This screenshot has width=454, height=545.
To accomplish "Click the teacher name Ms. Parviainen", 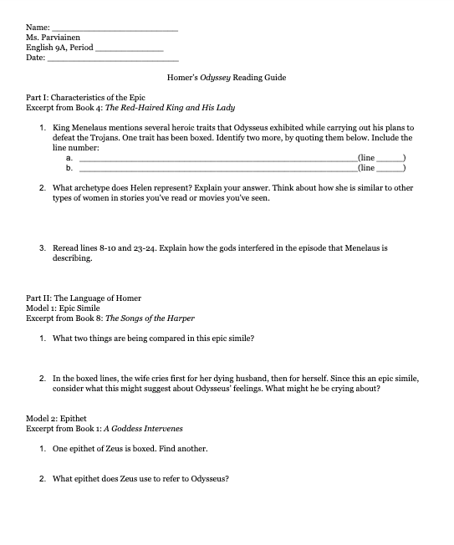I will click(x=57, y=38).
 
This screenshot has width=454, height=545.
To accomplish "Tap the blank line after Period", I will click(x=129, y=48).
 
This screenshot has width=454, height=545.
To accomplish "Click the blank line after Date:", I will click(x=112, y=59).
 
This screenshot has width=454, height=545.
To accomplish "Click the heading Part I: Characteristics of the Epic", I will click(x=85, y=98).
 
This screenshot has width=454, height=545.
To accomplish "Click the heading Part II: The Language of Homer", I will click(x=84, y=298).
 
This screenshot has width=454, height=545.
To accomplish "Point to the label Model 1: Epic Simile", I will click(x=63, y=308).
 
